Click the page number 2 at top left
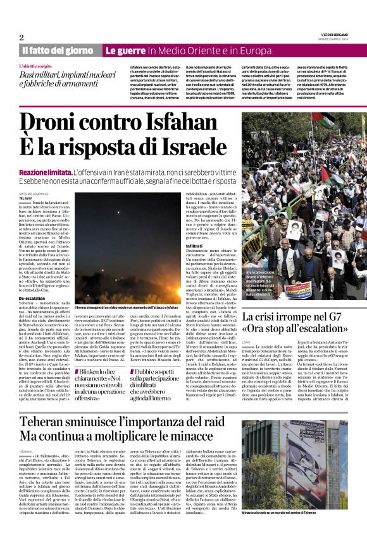point(22,37)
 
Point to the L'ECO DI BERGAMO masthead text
point(332,33)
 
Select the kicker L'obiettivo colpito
point(37,66)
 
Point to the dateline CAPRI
point(248,342)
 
